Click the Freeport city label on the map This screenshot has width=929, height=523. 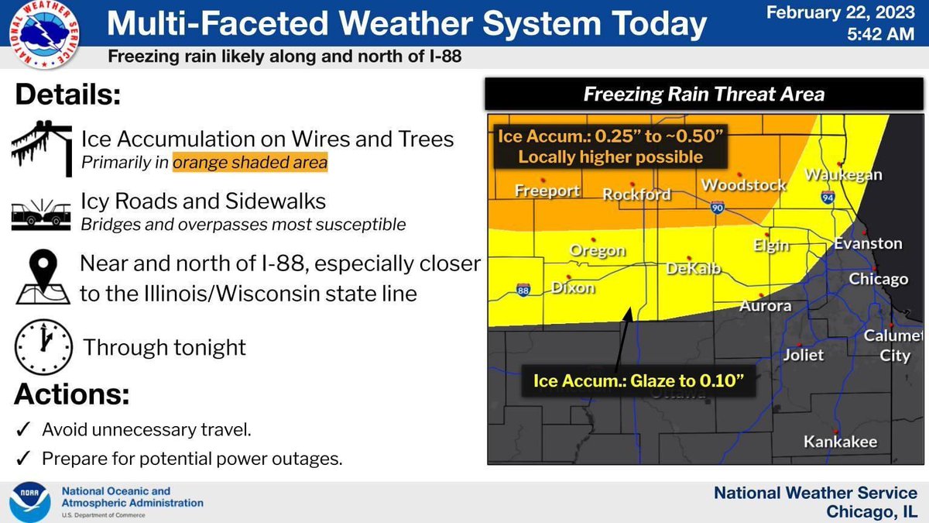click(548, 191)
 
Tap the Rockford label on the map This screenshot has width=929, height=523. click(636, 194)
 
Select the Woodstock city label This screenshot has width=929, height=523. click(743, 185)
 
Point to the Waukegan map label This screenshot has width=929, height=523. click(843, 175)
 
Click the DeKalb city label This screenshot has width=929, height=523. click(694, 269)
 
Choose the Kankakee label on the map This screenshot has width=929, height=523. click(840, 442)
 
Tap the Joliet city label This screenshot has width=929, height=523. click(803, 356)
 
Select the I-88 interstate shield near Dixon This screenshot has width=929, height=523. click(523, 291)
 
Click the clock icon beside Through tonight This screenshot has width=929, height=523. click(43, 346)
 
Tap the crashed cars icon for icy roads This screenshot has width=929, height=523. click(43, 213)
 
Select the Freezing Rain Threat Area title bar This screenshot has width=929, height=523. click(703, 95)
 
